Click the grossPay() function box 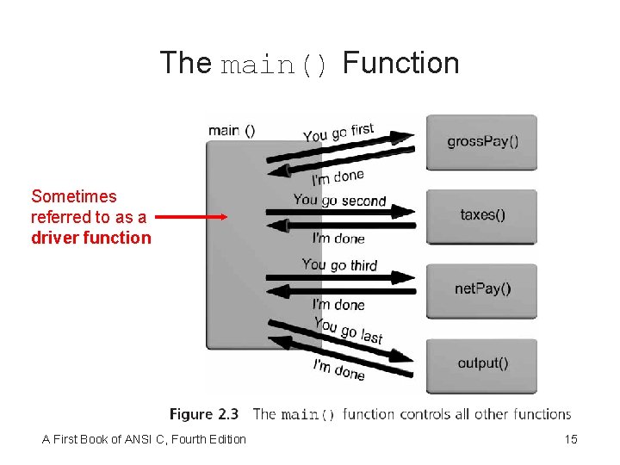click(x=482, y=142)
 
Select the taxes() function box click(x=482, y=215)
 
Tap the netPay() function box click(x=482, y=289)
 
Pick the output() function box click(x=482, y=363)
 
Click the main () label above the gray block click(x=232, y=130)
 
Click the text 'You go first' click(x=338, y=133)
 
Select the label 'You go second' click(x=339, y=201)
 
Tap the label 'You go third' click(x=339, y=264)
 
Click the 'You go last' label click(x=348, y=330)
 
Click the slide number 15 click(x=570, y=440)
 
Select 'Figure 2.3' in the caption click(x=204, y=414)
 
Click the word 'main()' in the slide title click(x=274, y=65)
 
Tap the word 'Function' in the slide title click(x=401, y=64)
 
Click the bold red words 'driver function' click(x=90, y=238)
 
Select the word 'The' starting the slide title click(x=185, y=64)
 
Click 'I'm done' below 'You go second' click(x=338, y=239)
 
